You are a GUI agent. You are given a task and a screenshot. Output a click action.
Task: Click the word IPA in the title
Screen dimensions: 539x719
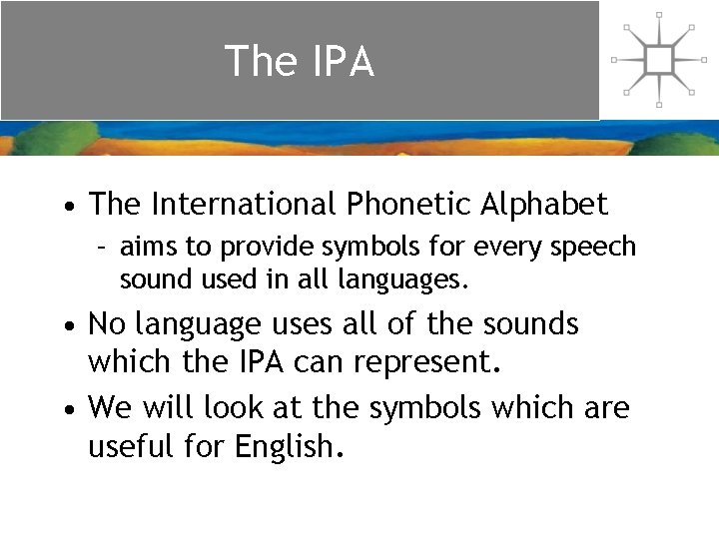pyautogui.click(x=342, y=62)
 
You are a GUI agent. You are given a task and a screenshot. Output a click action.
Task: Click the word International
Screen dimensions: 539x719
pyautogui.click(x=244, y=205)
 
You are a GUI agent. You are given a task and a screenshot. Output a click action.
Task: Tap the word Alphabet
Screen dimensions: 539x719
pyautogui.click(x=545, y=205)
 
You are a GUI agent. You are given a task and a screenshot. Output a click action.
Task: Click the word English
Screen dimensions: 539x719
pyautogui.click(x=288, y=446)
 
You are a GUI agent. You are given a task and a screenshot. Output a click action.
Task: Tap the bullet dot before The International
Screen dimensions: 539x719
pyautogui.click(x=65, y=208)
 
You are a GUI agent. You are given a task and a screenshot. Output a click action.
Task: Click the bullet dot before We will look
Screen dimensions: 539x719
pyautogui.click(x=65, y=410)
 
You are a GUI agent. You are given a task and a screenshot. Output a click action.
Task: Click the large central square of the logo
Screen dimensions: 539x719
pyautogui.click(x=658, y=60)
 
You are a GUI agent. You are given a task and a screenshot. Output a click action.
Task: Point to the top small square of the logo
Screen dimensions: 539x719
pyautogui.click(x=658, y=15)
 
